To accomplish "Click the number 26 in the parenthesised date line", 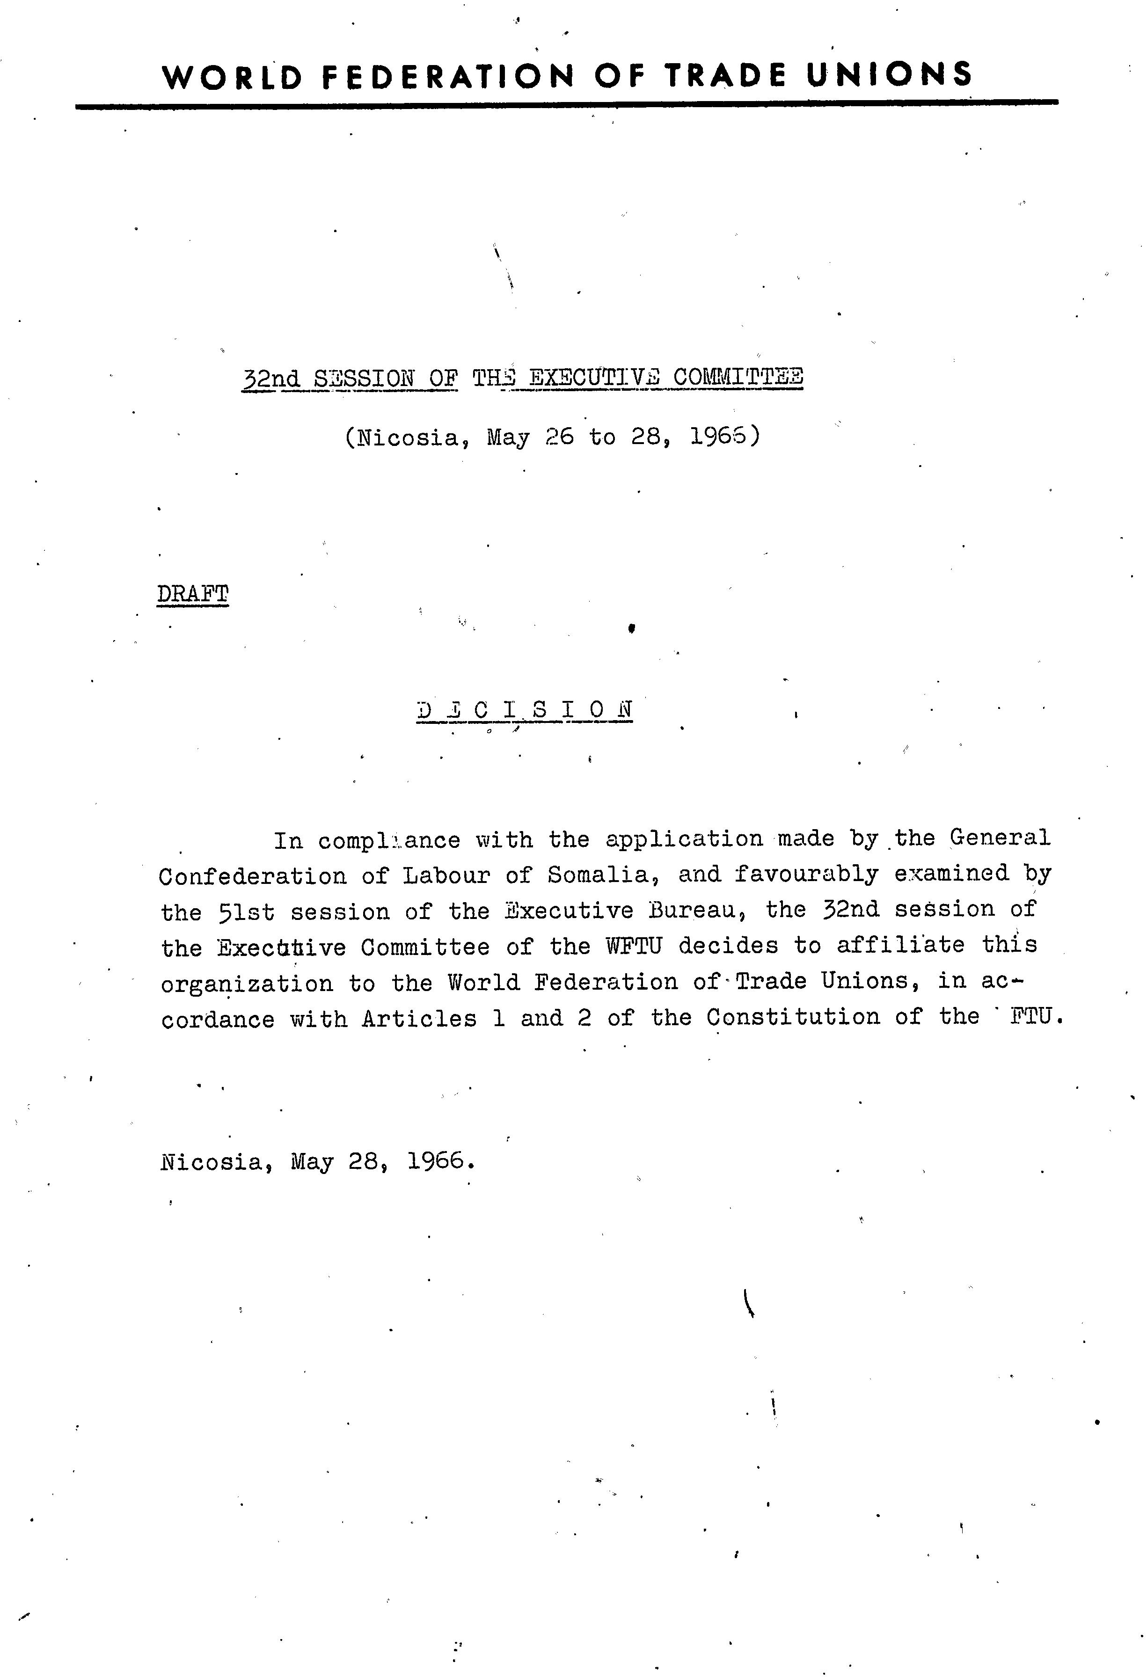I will tap(559, 437).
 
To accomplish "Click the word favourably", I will tap(806, 874).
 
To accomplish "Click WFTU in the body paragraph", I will tap(633, 946).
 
